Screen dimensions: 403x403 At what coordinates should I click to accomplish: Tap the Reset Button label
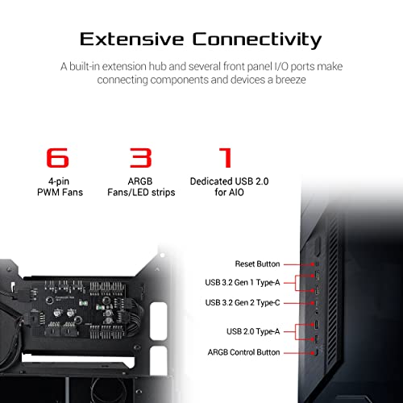pos(259,264)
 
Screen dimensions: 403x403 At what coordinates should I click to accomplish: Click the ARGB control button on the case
pos(315,352)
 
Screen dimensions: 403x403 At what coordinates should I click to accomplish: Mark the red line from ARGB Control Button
pos(298,352)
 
